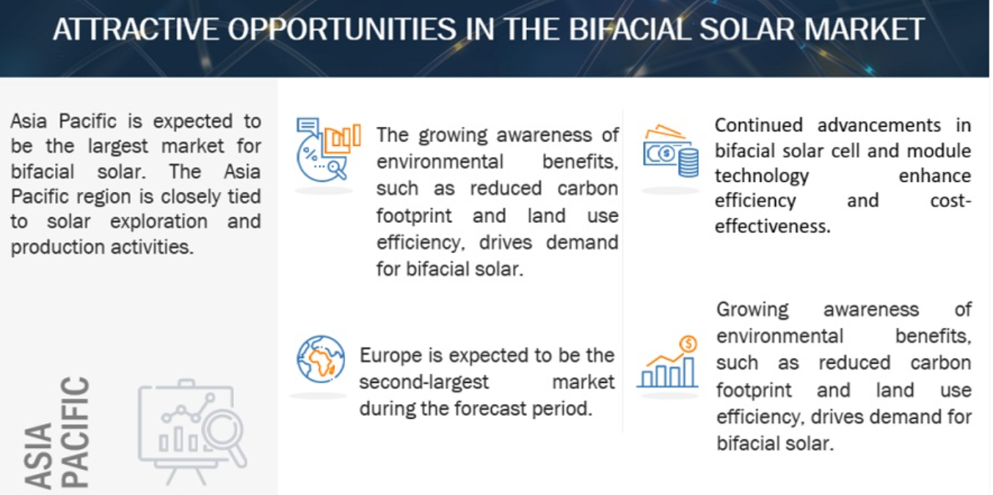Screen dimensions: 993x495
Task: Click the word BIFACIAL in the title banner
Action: (629, 29)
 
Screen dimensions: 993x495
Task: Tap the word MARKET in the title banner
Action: (865, 29)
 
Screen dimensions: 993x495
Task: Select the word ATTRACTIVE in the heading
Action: (136, 29)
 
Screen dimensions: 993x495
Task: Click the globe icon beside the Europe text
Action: (321, 359)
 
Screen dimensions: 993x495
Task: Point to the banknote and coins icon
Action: (671, 150)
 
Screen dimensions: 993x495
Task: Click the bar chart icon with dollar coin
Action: (668, 362)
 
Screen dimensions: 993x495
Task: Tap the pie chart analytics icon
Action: (328, 150)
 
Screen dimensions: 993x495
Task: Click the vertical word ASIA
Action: (38, 455)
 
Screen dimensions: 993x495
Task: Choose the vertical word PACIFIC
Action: (74, 432)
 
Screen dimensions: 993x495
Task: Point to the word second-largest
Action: (423, 382)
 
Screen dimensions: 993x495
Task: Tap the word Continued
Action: (758, 125)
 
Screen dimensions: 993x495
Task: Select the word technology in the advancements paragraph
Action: (762, 177)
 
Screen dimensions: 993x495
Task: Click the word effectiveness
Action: (772, 227)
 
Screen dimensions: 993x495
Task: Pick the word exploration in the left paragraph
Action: (159, 221)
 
